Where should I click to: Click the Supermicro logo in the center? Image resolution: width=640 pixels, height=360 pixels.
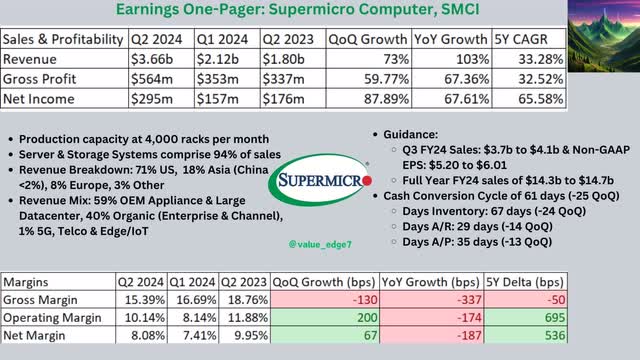(317, 184)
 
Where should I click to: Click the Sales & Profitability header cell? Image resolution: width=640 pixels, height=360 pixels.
(62, 40)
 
